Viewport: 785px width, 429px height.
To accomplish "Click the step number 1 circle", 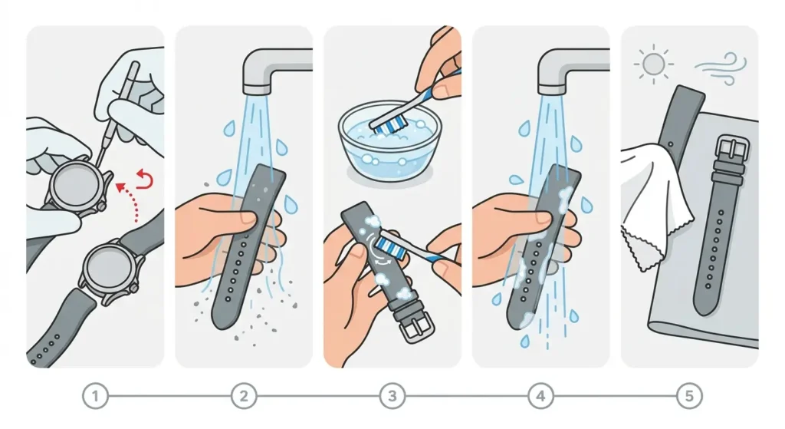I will click(95, 396).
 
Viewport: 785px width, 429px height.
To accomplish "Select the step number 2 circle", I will click(244, 396).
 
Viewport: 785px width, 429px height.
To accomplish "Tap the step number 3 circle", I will click(392, 396).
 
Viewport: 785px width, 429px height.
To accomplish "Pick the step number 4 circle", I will click(541, 396).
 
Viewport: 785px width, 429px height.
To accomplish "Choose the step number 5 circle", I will click(689, 396).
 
